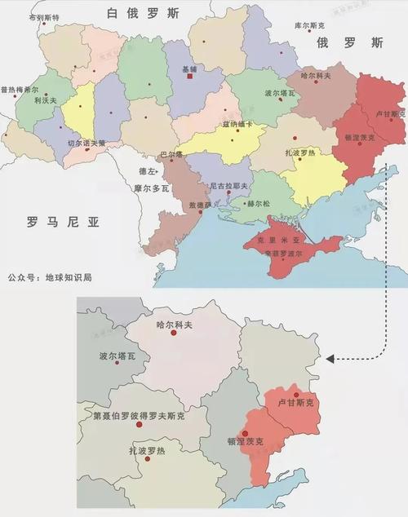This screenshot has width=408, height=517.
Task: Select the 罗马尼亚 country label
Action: pos(61,220)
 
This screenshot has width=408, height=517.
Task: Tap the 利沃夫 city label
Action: pos(46,100)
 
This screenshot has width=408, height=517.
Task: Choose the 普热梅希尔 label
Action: pos(20,90)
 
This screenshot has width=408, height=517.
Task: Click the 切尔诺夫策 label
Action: pos(86,144)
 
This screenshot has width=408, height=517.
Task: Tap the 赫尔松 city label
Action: pos(257,204)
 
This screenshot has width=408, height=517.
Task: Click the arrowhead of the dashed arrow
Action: pos(329,358)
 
